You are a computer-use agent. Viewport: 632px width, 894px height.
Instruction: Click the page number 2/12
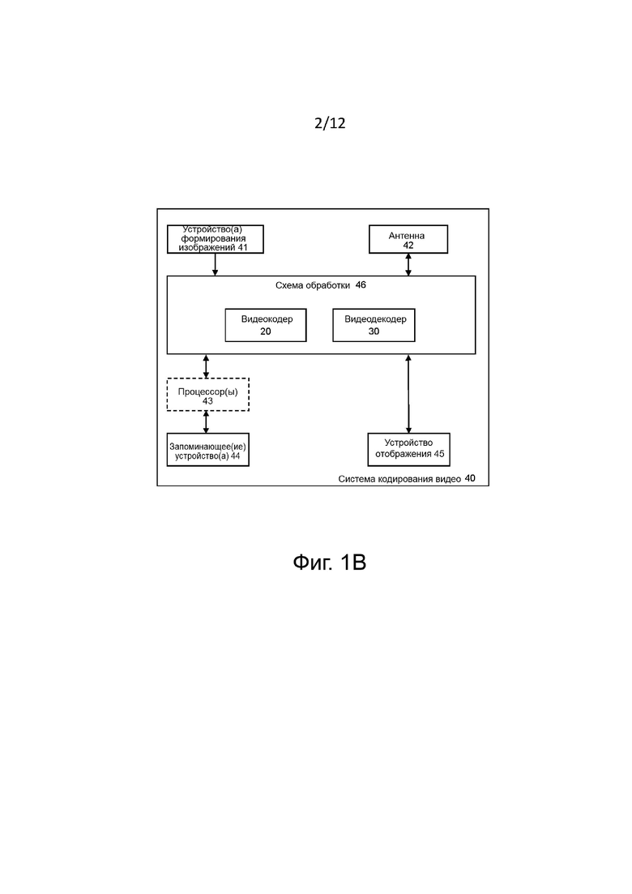pyautogui.click(x=330, y=123)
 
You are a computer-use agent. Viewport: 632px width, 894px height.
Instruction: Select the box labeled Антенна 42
pyautogui.click(x=408, y=239)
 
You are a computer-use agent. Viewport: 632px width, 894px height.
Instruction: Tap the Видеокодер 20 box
pyautogui.click(x=266, y=325)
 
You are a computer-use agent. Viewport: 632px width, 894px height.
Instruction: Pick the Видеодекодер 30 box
pyautogui.click(x=374, y=325)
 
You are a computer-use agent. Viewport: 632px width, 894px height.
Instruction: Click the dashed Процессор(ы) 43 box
pyautogui.click(x=208, y=395)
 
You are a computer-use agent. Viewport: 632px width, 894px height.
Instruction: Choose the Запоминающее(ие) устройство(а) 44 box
pyautogui.click(x=208, y=450)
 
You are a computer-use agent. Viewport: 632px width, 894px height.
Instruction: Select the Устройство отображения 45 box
pyautogui.click(x=408, y=450)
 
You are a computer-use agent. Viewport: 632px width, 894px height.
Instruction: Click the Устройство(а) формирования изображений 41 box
pyautogui.click(x=216, y=239)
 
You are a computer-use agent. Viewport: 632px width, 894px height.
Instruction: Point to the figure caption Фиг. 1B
pyautogui.click(x=330, y=562)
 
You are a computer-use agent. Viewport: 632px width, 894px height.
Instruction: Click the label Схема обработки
pyautogui.click(x=313, y=285)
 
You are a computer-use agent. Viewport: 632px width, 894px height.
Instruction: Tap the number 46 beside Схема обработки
pyautogui.click(x=361, y=285)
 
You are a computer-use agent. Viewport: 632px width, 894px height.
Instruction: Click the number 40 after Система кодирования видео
pyautogui.click(x=470, y=478)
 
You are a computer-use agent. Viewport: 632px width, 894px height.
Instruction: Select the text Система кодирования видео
pyautogui.click(x=399, y=479)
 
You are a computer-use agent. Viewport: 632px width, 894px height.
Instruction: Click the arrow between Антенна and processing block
pyautogui.click(x=408, y=265)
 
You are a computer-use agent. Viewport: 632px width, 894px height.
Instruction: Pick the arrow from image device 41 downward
pyautogui.click(x=215, y=265)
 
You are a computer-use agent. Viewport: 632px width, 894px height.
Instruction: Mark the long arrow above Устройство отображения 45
pyautogui.click(x=408, y=394)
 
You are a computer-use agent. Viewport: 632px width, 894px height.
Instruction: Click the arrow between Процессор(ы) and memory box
pyautogui.click(x=207, y=422)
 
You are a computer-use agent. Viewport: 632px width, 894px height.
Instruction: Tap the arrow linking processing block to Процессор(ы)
pyautogui.click(x=207, y=366)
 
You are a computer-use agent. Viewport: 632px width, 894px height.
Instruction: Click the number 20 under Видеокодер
pyautogui.click(x=266, y=332)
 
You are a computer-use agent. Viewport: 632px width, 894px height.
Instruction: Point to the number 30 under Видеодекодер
pyautogui.click(x=374, y=332)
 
